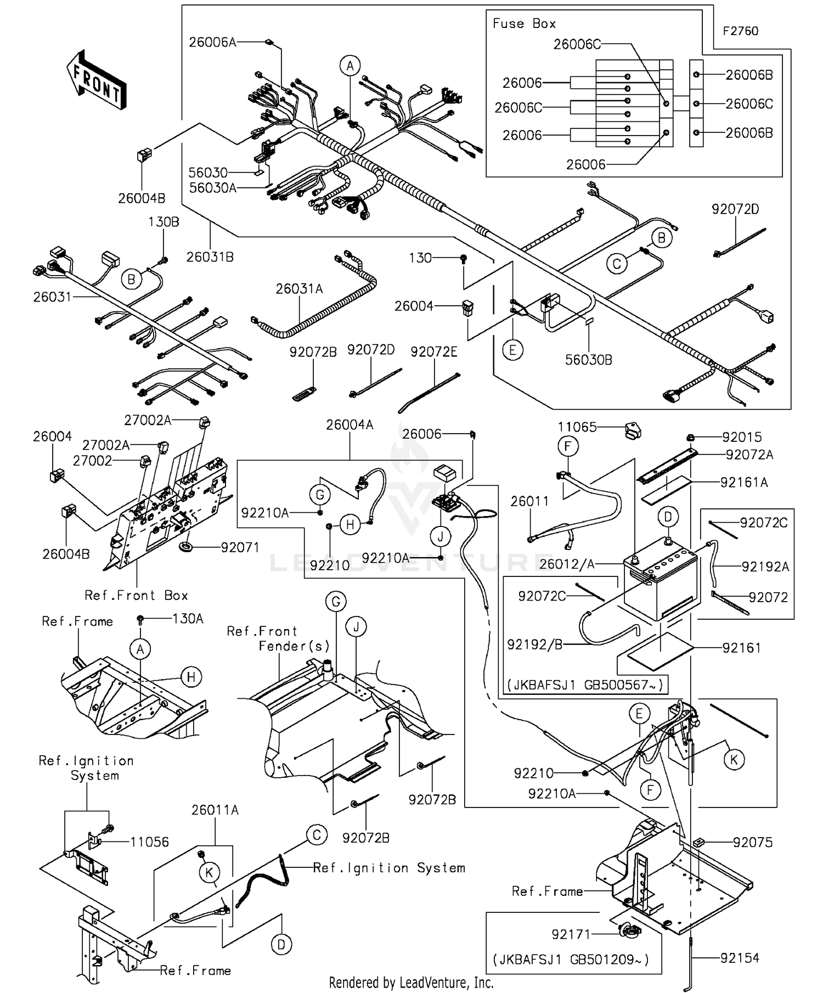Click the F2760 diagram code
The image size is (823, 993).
[740, 31]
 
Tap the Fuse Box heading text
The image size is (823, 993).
[523, 24]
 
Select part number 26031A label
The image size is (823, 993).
[299, 289]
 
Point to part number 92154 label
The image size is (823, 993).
[740, 958]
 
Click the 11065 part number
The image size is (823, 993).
[577, 427]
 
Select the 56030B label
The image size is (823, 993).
[588, 360]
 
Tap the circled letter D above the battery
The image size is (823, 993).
[668, 517]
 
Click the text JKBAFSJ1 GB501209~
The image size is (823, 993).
[571, 960]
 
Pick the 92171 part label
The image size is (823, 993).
[571, 934]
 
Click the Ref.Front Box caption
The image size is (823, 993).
[136, 596]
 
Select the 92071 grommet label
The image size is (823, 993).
[240, 547]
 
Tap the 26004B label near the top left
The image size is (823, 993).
[142, 198]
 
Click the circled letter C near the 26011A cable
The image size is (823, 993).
[317, 835]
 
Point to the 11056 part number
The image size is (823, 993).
[149, 842]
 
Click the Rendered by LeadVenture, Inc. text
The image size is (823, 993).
[411, 983]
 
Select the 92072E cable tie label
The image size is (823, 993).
[433, 352]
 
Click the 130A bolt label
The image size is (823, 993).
[188, 619]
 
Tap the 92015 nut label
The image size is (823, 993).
[742, 437]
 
